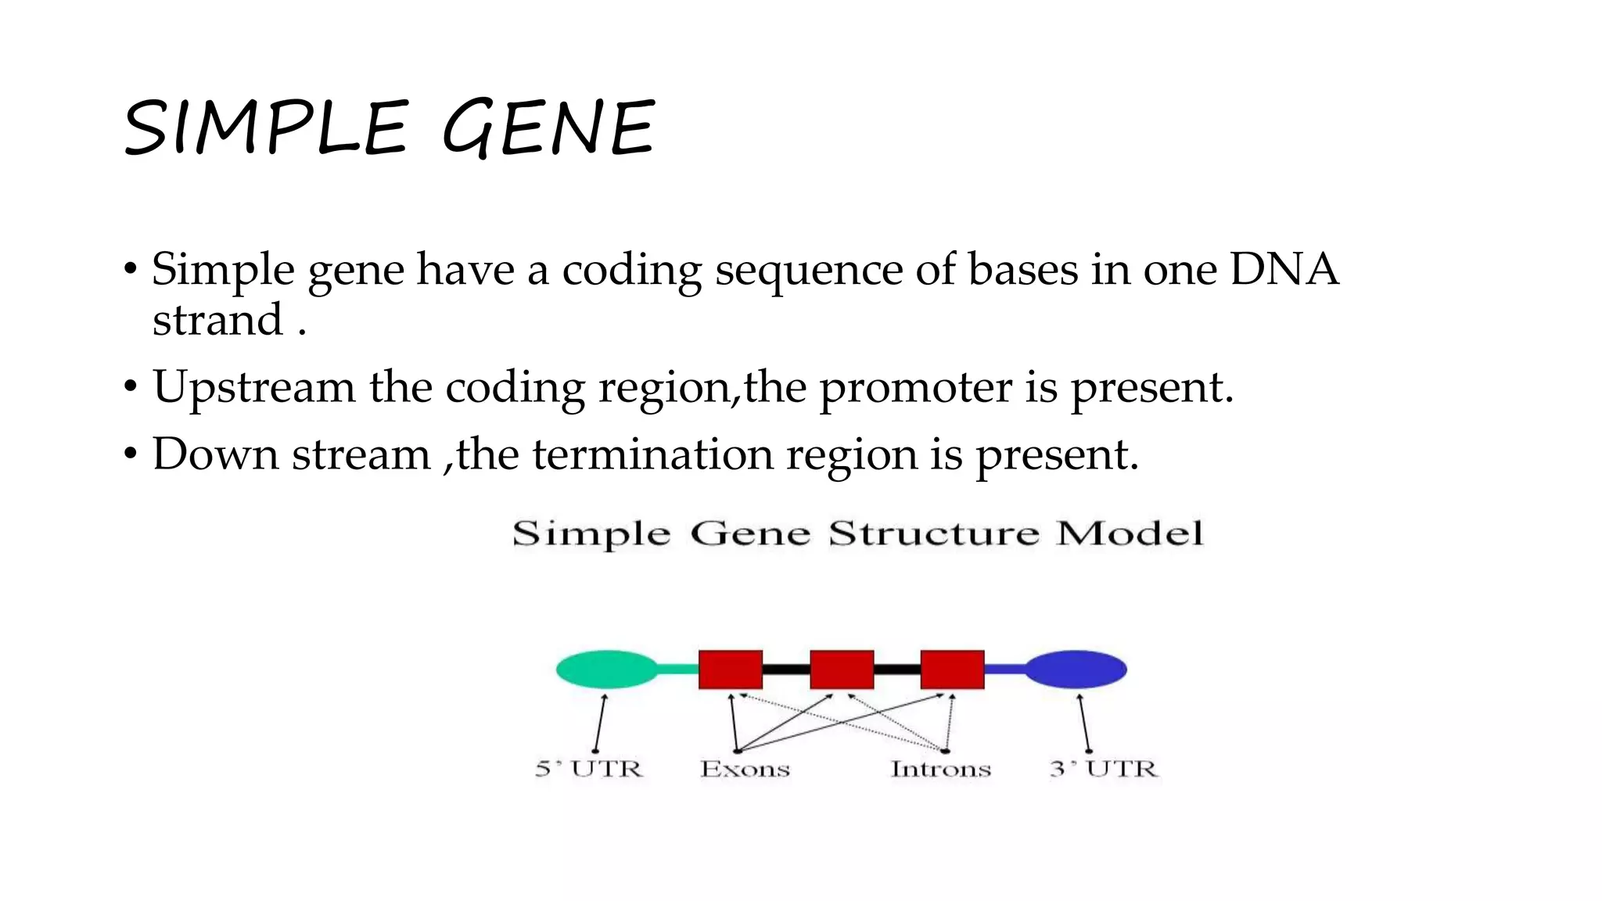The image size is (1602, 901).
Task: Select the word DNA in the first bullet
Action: [x=1284, y=270]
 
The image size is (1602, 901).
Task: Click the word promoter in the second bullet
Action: [x=915, y=387]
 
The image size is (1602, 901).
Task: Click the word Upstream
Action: [x=253, y=387]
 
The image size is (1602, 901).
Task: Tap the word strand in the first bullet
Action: [x=217, y=321]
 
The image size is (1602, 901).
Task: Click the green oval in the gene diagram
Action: [x=606, y=669]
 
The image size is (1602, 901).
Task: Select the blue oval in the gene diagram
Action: [x=1076, y=669]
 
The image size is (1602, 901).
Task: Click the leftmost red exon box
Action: [x=730, y=669]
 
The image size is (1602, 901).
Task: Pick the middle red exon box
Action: [x=842, y=669]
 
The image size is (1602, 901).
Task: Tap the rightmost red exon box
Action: [x=952, y=669]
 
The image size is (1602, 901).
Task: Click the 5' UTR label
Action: [x=589, y=769]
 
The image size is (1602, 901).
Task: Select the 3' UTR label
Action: [x=1103, y=769]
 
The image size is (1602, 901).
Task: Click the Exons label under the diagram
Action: [x=745, y=769]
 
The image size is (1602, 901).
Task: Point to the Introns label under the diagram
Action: [x=940, y=769]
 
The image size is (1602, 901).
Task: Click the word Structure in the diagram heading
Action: [x=934, y=534]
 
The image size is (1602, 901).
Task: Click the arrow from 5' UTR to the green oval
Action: [x=600, y=723]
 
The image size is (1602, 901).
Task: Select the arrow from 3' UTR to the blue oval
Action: [x=1084, y=723]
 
